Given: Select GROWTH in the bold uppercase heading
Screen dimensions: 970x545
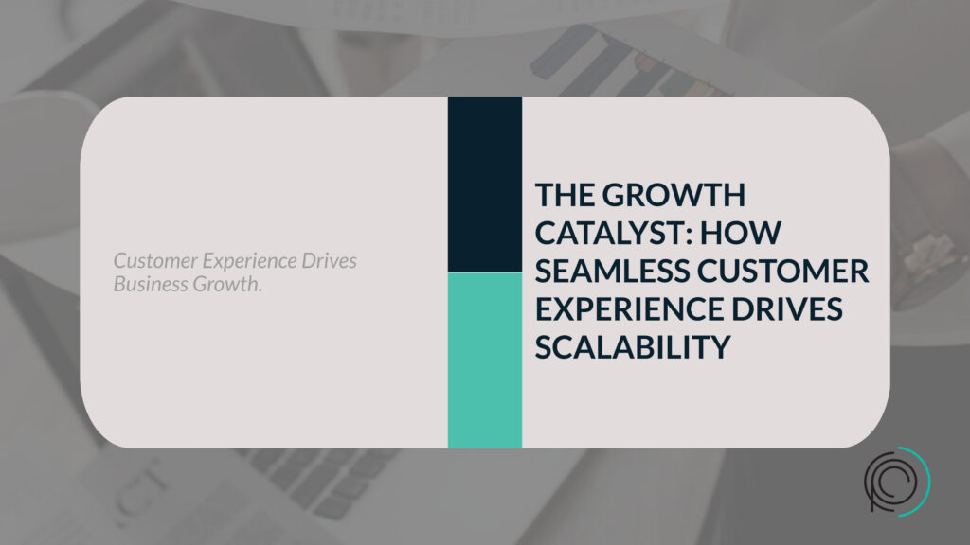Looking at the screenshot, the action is pos(674,195).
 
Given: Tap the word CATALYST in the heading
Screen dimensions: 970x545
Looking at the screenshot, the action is pos(607,233).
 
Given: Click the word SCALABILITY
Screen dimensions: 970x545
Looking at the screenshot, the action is pos(633,346).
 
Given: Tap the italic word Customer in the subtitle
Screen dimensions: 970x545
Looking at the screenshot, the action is pos(155,261).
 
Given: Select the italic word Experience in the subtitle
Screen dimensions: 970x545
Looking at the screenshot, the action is pos(249,262).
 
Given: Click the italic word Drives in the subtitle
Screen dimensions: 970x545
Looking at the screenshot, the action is pos(329,261).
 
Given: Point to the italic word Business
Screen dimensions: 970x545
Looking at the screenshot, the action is pos(151,284).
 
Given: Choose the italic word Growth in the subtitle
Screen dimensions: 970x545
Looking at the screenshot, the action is pos(225,284).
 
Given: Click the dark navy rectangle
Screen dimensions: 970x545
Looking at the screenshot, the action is pos(485,185).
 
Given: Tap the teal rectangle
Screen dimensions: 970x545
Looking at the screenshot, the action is pos(485,360).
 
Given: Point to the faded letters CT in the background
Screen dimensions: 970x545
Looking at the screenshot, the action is pos(143,489).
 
